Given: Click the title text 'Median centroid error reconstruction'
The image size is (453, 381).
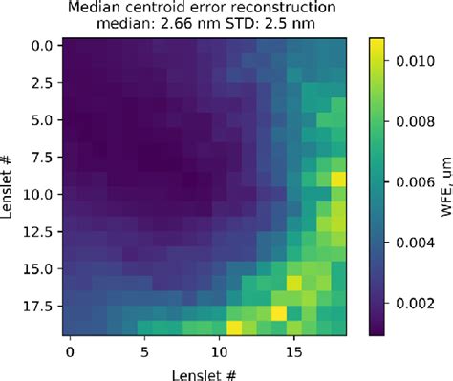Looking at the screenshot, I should (205, 9).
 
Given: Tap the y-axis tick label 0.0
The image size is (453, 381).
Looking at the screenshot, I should (44, 45).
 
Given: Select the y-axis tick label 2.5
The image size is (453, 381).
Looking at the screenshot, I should (44, 83).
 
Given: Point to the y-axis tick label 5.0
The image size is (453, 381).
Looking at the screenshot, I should (44, 121).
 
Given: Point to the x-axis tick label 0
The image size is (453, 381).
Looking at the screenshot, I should (70, 351).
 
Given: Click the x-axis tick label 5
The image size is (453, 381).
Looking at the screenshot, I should (144, 351).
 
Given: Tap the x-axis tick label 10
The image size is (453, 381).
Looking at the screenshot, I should (220, 351).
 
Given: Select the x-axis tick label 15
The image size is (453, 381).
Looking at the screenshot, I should (295, 351).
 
